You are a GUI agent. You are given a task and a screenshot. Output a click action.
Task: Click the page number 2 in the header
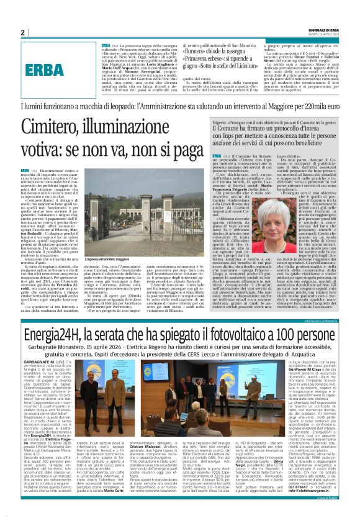pos(22,33)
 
